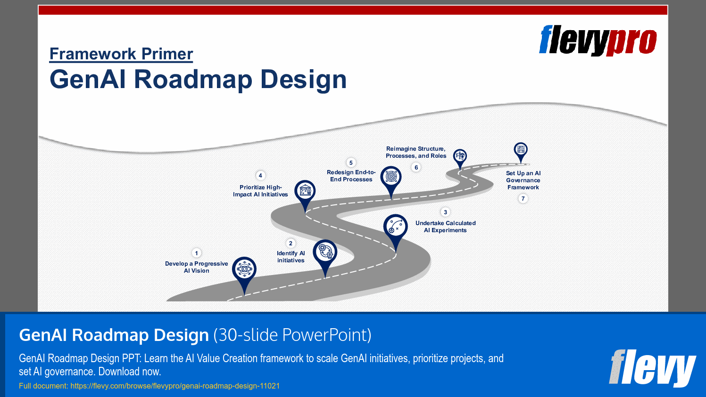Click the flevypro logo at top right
click(598, 41)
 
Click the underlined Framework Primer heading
click(121, 54)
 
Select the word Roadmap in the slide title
click(193, 79)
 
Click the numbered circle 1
click(197, 253)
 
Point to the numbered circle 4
click(260, 176)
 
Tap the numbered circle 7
click(523, 199)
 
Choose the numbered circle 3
click(445, 212)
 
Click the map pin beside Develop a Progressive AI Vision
click(244, 270)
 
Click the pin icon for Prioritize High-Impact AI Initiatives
click(305, 192)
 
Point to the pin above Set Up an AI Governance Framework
click(521, 150)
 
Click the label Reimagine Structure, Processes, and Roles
click(415, 152)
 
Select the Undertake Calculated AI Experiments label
click(445, 227)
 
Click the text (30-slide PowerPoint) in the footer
click(292, 335)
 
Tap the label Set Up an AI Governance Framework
click(523, 180)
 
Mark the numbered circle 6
click(416, 168)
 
